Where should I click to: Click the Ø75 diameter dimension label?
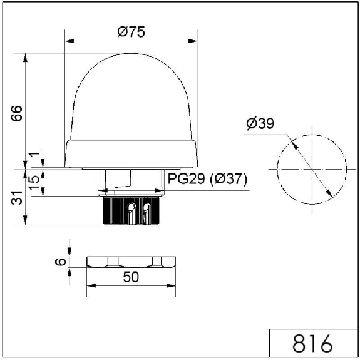click(x=131, y=32)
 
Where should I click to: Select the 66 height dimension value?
click(x=16, y=113)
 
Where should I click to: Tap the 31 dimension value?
click(x=16, y=198)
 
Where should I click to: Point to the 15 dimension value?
click(x=34, y=182)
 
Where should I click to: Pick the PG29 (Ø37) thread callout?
click(x=208, y=178)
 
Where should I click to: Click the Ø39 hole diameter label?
click(x=260, y=123)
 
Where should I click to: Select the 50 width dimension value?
click(x=131, y=277)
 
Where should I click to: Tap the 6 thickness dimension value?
click(x=61, y=262)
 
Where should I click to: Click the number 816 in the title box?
click(x=312, y=344)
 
